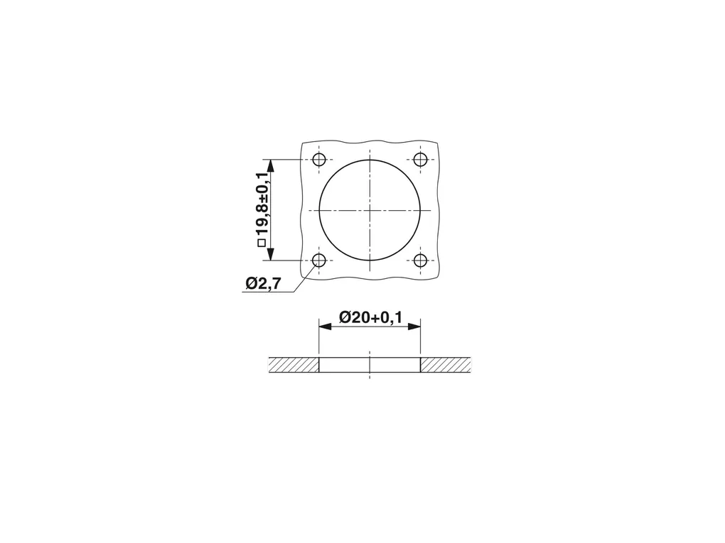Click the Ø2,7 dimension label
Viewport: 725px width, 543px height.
click(263, 283)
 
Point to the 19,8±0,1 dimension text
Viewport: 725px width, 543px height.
click(262, 204)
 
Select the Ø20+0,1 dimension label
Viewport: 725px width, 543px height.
click(370, 317)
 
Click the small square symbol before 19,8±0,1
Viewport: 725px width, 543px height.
click(262, 243)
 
